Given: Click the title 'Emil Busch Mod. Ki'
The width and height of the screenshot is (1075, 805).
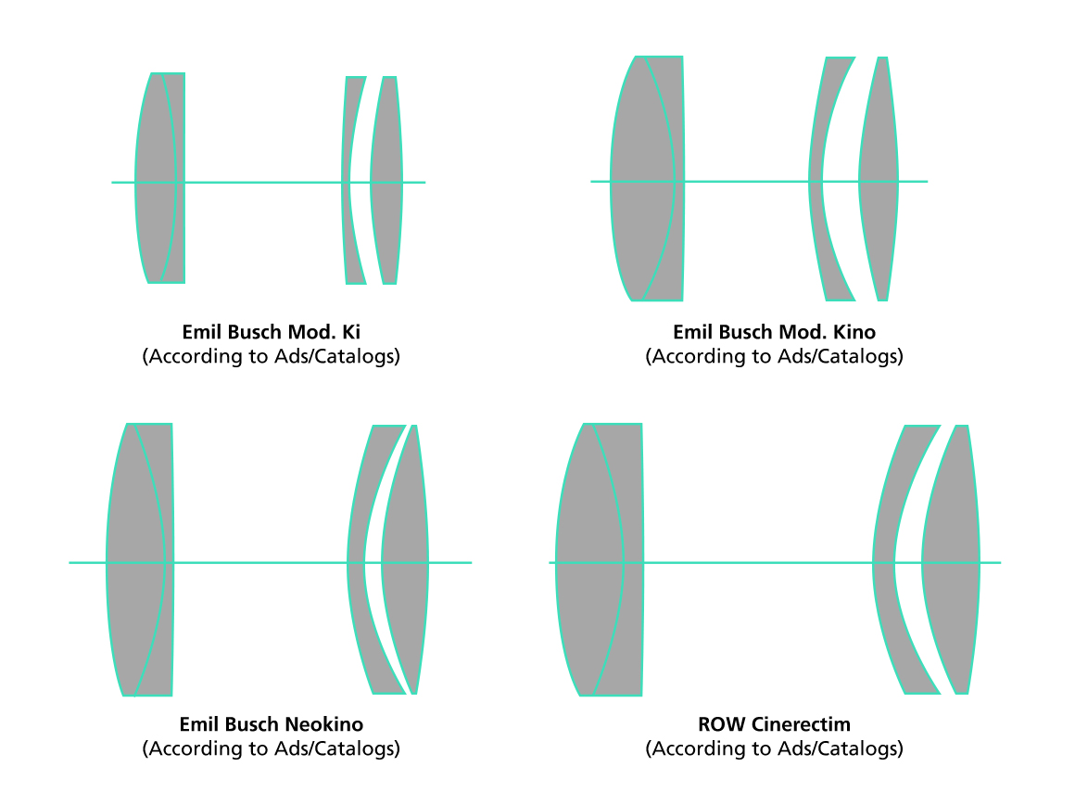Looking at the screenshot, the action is click(271, 332).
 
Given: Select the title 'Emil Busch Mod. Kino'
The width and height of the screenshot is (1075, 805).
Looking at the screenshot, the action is click(774, 332).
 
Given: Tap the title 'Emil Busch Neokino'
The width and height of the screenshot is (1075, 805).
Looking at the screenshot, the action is click(271, 724).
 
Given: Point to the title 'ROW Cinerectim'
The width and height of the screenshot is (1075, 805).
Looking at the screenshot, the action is click(774, 724).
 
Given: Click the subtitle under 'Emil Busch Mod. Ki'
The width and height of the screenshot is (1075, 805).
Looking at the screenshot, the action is click(271, 356).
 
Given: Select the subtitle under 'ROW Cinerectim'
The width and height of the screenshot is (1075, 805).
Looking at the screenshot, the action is click(774, 748).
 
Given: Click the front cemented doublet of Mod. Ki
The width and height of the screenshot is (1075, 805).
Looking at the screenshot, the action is click(160, 178).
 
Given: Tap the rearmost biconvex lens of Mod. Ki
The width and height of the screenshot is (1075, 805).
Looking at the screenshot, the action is click(386, 180).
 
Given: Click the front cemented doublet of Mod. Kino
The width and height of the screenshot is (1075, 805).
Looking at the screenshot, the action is click(647, 178).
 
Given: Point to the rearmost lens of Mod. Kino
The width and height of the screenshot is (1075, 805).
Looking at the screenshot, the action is click(879, 178).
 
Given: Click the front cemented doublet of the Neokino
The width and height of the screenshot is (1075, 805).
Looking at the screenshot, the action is click(140, 560).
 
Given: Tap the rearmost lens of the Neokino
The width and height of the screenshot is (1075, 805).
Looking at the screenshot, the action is click(406, 560).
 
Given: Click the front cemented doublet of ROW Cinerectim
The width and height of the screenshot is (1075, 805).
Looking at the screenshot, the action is click(600, 560).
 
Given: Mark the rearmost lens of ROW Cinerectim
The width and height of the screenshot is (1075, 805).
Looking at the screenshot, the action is click(952, 560).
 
